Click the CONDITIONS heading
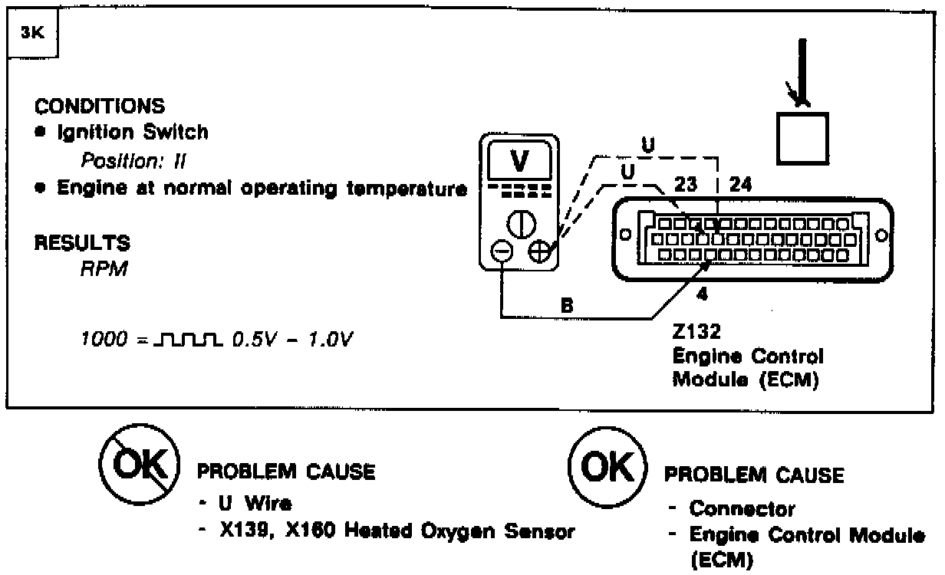(x=100, y=105)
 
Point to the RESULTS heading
(x=82, y=244)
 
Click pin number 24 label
(x=739, y=184)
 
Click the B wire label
(x=568, y=305)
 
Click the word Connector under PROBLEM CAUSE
(x=742, y=508)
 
